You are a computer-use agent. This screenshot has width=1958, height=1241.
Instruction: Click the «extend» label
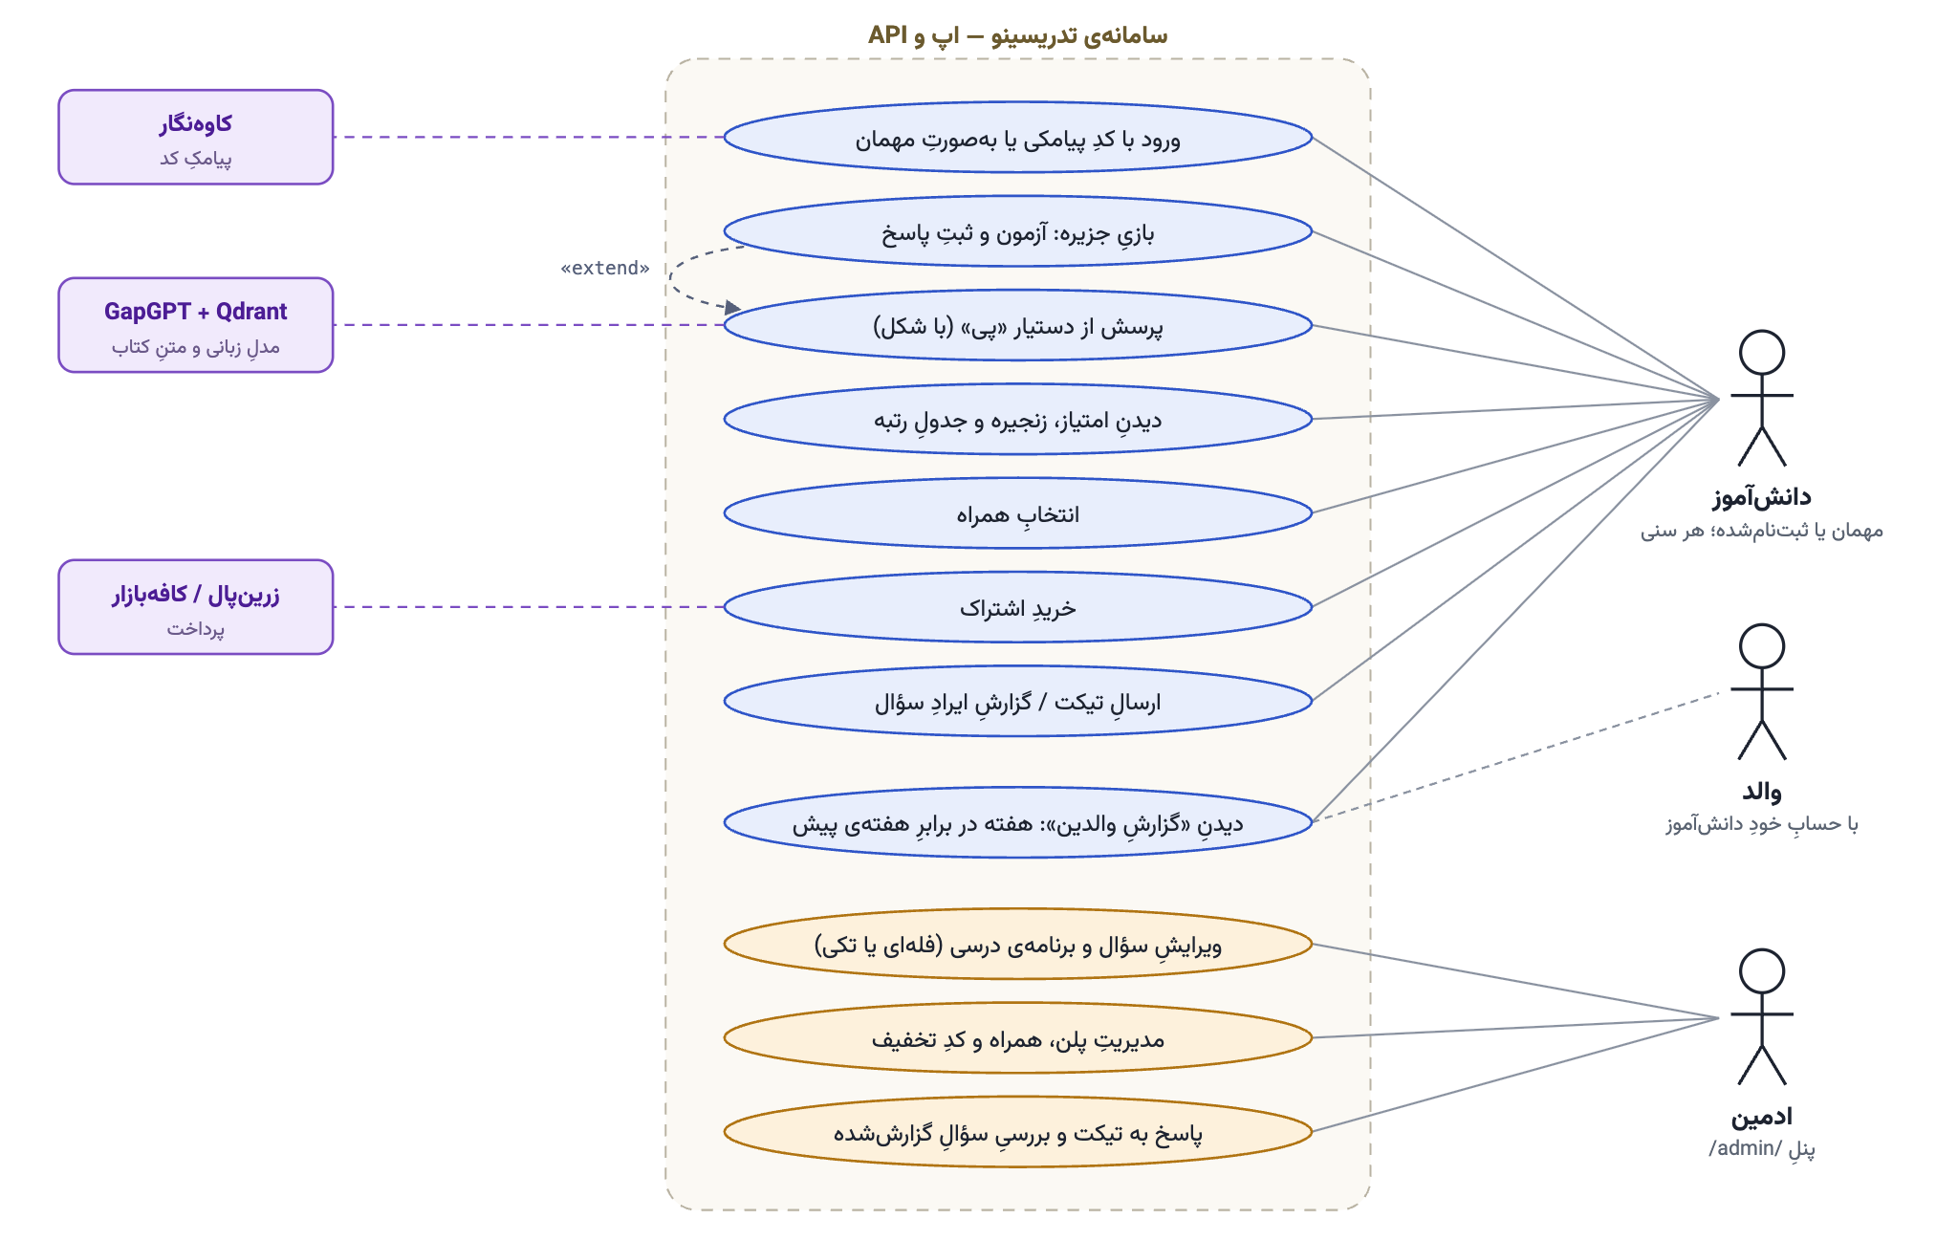604,268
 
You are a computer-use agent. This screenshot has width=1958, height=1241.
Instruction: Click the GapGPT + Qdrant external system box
196,325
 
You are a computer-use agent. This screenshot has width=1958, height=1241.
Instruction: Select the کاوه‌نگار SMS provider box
196,137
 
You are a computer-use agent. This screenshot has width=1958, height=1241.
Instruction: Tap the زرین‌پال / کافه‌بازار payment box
196,607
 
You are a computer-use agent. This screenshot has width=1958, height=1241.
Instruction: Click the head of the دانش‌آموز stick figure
1762,352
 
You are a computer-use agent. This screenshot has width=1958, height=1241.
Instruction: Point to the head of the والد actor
1762,646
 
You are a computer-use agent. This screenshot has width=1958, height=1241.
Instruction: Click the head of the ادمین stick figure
1762,971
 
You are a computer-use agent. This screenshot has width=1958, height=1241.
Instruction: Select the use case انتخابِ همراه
1018,513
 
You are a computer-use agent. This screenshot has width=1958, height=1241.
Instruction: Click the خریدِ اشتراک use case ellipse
1018,607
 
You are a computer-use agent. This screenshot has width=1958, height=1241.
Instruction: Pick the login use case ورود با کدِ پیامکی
1018,137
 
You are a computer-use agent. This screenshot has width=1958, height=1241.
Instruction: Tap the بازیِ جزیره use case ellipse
1018,231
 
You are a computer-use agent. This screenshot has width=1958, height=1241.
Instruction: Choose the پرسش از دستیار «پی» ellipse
1018,325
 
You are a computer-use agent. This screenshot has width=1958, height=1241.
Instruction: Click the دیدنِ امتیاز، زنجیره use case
1018,419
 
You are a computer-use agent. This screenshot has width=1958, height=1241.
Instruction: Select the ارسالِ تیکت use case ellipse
1018,701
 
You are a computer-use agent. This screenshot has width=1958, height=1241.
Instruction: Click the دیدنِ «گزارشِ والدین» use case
1018,822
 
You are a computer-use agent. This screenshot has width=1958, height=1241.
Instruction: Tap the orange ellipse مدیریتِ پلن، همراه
1018,1037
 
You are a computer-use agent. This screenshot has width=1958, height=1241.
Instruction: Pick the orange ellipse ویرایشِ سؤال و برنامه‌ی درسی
1018,944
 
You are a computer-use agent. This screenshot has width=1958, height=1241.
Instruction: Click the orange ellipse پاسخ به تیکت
1018,1132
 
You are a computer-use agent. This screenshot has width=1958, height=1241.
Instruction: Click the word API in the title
887,35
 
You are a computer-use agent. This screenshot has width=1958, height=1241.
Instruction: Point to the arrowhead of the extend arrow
734,308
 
